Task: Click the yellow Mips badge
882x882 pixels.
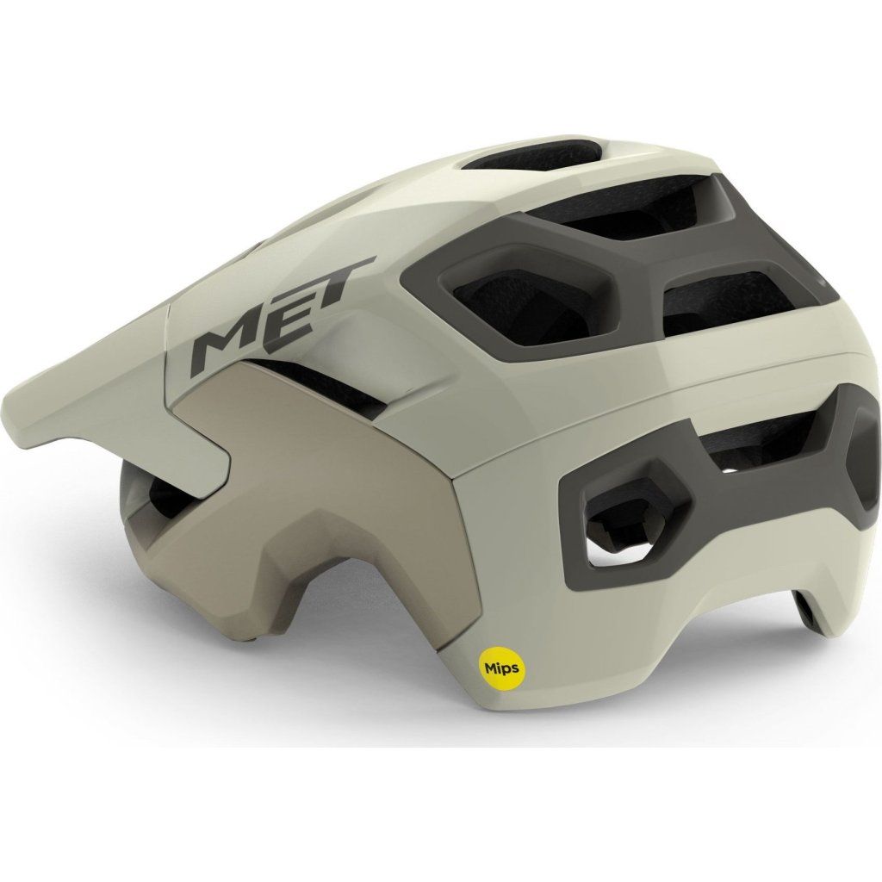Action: point(502,668)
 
